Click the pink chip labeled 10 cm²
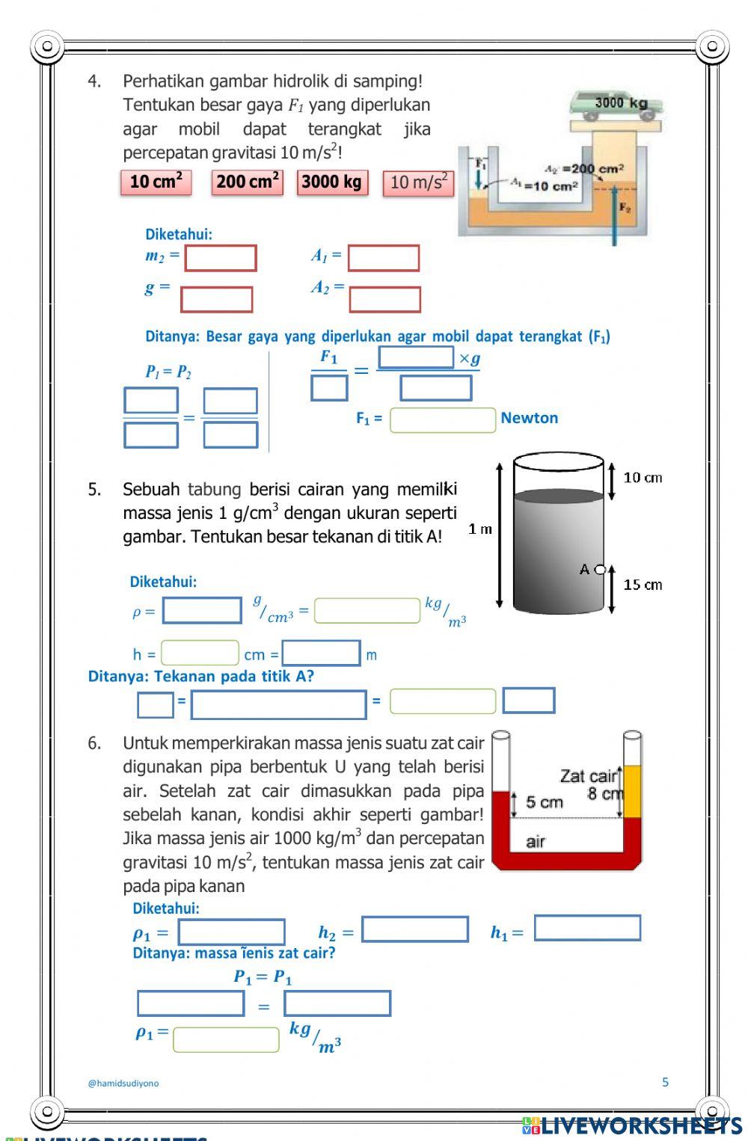[156, 182]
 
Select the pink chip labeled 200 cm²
[248, 182]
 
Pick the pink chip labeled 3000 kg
[332, 182]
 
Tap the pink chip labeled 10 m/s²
[418, 183]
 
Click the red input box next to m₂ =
[221, 258]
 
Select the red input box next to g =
[216, 300]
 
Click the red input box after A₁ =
[384, 258]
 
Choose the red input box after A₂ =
[384, 300]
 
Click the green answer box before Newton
[443, 420]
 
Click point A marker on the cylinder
[600, 570]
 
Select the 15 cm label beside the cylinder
[643, 585]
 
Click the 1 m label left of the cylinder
[480, 529]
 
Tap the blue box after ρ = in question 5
[202, 610]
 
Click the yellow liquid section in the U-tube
[632, 791]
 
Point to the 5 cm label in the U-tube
[544, 802]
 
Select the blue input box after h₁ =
[587, 928]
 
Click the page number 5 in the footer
[665, 1081]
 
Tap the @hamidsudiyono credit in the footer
[123, 1083]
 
